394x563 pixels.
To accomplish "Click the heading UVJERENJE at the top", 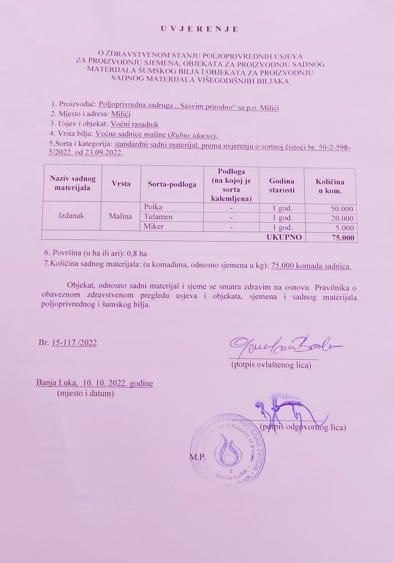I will (x=199, y=30).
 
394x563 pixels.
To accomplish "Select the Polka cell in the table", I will (x=153, y=207).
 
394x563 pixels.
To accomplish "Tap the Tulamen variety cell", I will (x=158, y=217).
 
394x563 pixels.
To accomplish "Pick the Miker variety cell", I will (x=154, y=227).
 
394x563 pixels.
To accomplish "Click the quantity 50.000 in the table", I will (x=342, y=209).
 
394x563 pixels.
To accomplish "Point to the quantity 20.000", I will (x=342, y=219).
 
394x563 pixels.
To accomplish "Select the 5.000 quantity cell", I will (x=345, y=228).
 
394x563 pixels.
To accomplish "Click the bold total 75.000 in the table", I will (x=343, y=238).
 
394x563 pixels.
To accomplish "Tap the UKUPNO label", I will (x=284, y=237).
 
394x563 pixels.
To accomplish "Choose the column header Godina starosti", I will (x=282, y=185).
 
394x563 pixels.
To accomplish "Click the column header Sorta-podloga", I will (x=172, y=184).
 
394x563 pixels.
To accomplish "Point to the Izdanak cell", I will (x=71, y=216).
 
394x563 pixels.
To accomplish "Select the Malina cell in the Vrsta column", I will (x=120, y=216).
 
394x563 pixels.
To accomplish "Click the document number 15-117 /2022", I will (x=74, y=343).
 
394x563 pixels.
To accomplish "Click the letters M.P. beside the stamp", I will (x=198, y=457).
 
